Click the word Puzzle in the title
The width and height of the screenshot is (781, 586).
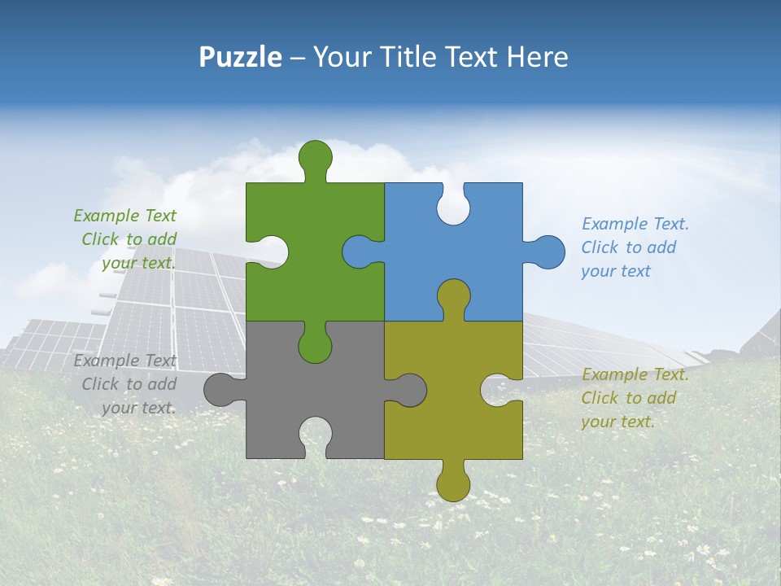click(x=241, y=57)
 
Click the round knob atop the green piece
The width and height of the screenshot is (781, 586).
click(x=315, y=156)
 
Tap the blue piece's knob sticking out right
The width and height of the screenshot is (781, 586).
click(x=548, y=252)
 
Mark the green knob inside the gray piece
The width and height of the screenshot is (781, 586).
click(x=315, y=345)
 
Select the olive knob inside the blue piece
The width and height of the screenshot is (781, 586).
click(x=453, y=296)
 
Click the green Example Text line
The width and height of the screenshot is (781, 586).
click(x=124, y=216)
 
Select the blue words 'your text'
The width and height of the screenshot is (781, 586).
click(x=616, y=271)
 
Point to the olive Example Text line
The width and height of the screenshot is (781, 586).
click(x=635, y=374)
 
